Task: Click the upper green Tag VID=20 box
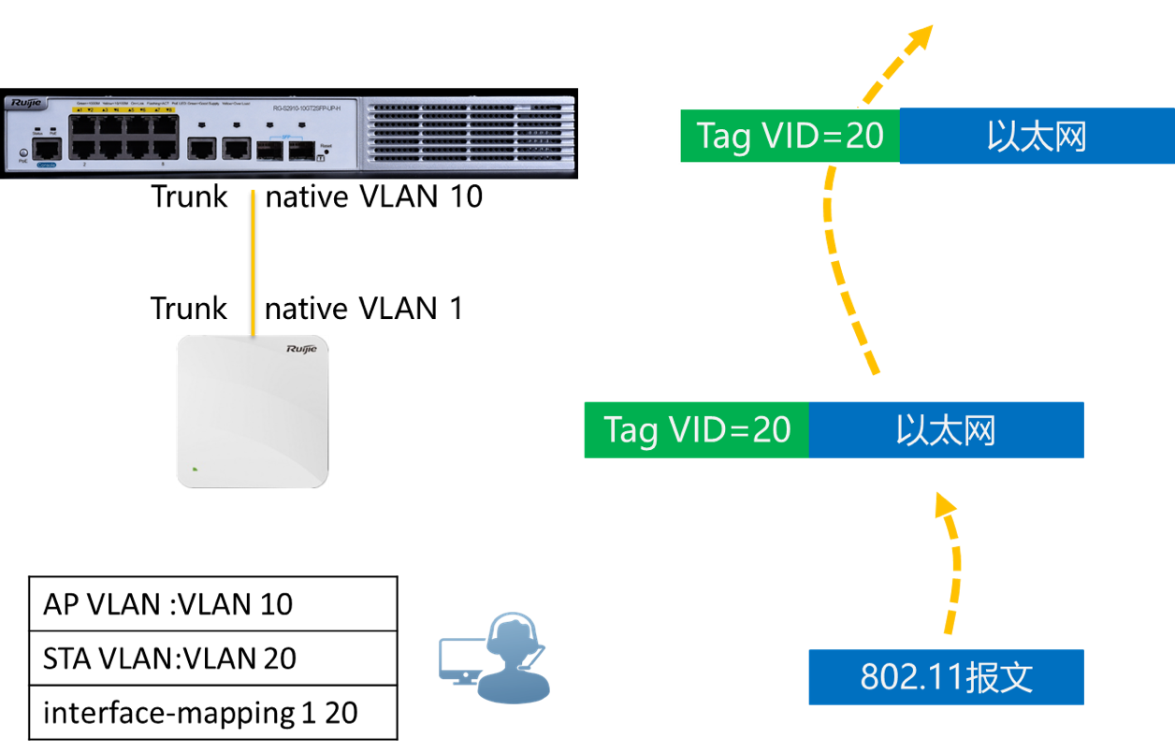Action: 790,137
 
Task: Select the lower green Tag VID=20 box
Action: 696,430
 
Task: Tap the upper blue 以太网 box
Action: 1036,137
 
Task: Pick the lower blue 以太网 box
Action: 945,430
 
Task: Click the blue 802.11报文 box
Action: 945,676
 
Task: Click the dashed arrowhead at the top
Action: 921,37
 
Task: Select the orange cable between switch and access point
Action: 253,262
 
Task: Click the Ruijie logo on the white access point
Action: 301,349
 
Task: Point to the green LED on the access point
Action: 195,469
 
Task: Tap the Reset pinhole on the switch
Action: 326,152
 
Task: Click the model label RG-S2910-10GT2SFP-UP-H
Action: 306,109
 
